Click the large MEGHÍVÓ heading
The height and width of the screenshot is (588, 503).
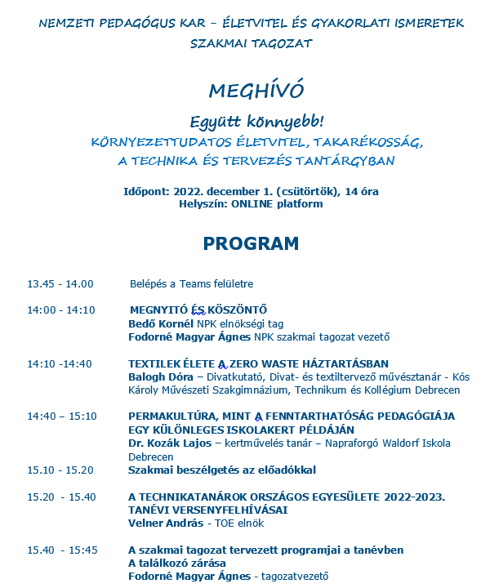click(x=251, y=89)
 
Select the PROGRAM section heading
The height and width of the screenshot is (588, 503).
click(x=251, y=243)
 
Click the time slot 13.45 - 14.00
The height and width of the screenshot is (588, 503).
click(x=60, y=284)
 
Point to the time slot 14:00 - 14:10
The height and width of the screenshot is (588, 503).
click(x=61, y=310)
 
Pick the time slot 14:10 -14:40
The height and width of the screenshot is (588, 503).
click(x=60, y=363)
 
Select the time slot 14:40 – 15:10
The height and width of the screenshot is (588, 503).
click(x=61, y=416)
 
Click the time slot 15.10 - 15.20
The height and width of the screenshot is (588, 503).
click(x=60, y=470)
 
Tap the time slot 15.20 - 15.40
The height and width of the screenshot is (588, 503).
click(x=61, y=496)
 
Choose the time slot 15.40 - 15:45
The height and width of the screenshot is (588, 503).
click(x=62, y=550)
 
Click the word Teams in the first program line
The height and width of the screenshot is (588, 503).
click(x=189, y=284)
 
